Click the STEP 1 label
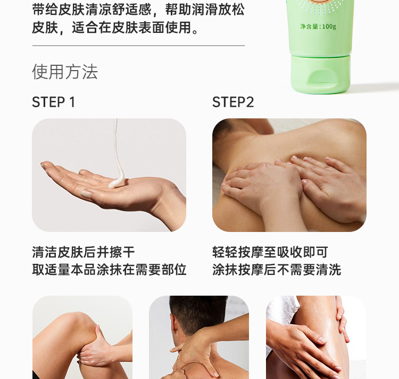[x=53, y=102]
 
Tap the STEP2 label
[x=233, y=102]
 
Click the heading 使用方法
[x=65, y=72]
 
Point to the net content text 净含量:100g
[x=318, y=27]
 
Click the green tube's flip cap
[x=321, y=74]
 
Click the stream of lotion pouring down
[x=118, y=150]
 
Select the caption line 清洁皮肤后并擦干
[x=83, y=252]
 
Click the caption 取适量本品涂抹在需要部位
[x=109, y=270]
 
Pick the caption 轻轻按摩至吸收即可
[x=270, y=252]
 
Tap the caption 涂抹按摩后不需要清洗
[x=277, y=270]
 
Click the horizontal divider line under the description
[x=138, y=46]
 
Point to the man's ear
[x=173, y=328]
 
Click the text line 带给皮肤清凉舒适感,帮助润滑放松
[x=138, y=10]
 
